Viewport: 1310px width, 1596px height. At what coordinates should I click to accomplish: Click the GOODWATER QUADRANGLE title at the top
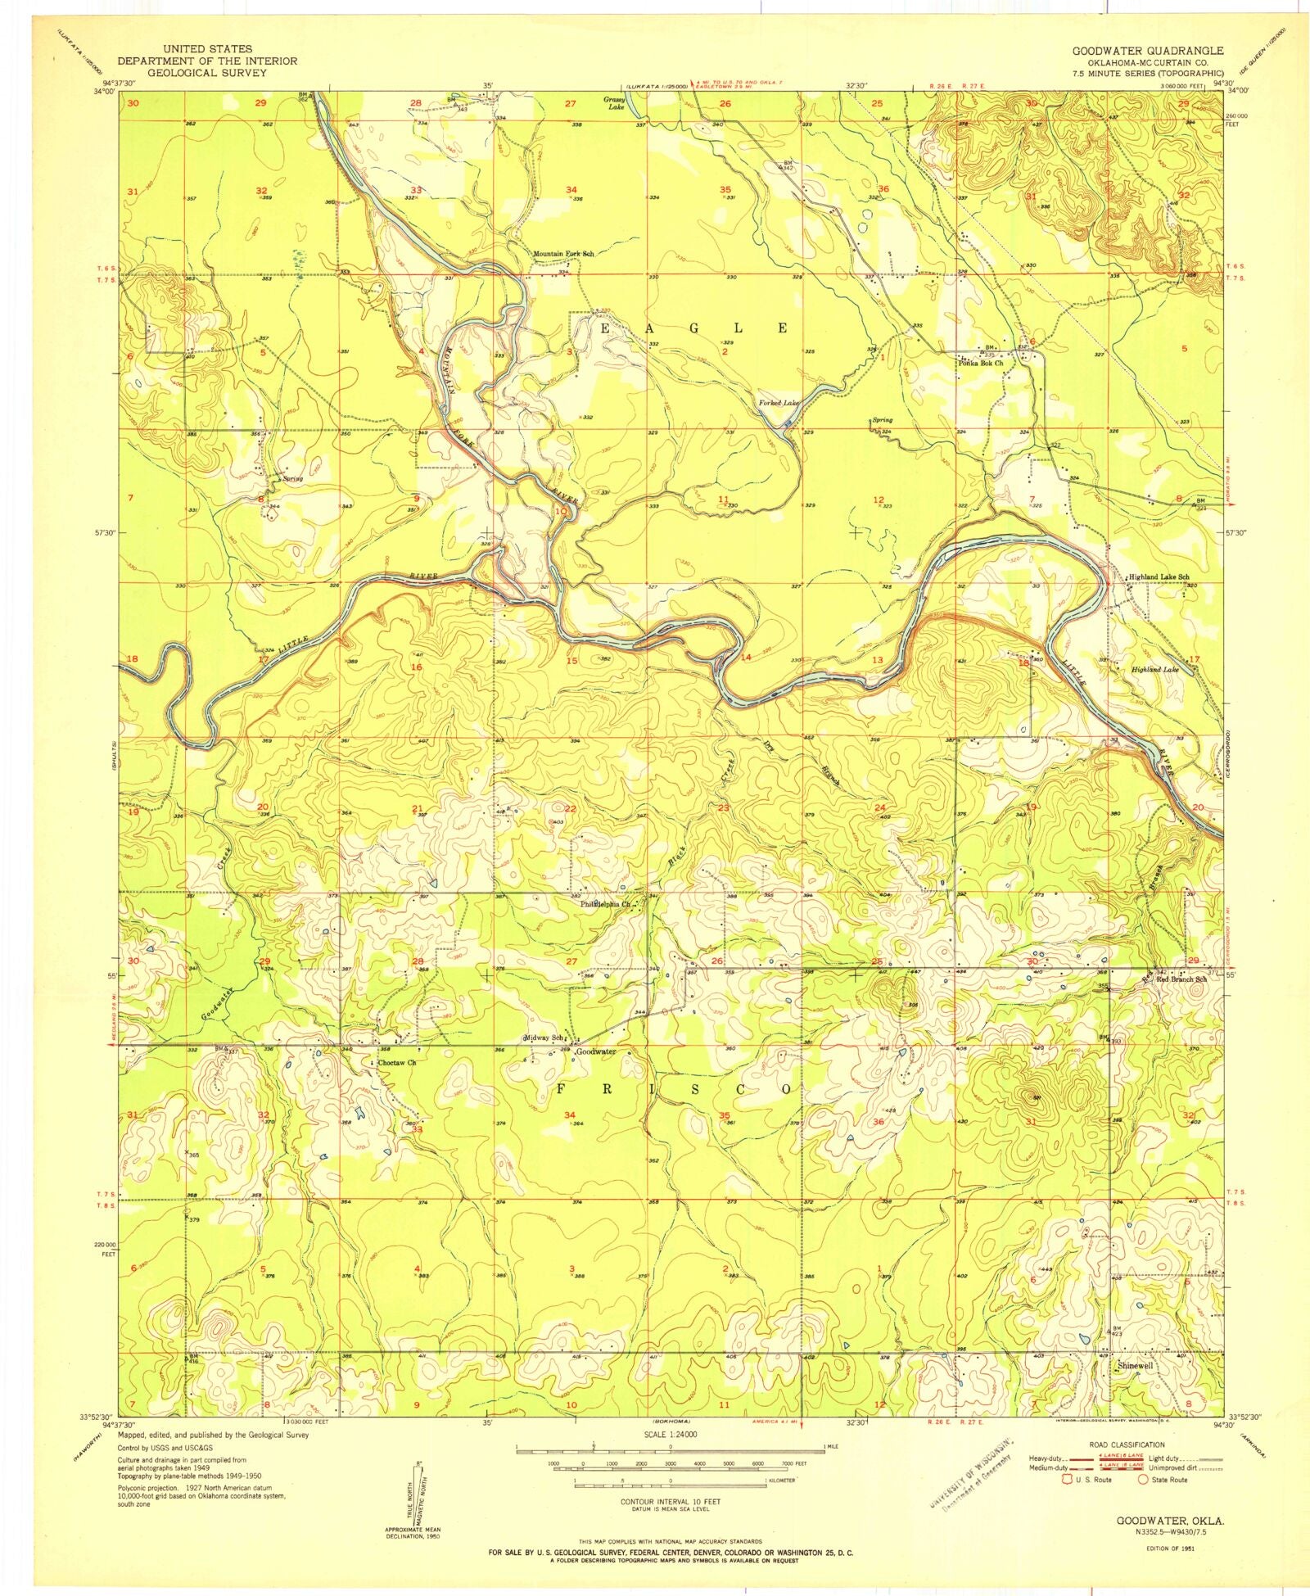1148,51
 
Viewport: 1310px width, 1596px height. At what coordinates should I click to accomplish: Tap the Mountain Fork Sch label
562,254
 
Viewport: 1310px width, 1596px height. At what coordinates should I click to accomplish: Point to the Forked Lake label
777,403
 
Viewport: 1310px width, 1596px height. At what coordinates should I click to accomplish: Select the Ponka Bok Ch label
980,363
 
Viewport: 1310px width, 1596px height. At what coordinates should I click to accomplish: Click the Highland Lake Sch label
1159,577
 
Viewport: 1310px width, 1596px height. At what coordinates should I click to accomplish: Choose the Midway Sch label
545,1038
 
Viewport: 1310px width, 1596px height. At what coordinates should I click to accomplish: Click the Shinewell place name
1135,1366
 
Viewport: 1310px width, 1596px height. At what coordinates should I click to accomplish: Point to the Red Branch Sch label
1181,979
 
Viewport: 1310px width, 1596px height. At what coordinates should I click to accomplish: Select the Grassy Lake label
615,102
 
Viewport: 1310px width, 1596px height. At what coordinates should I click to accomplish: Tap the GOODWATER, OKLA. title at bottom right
1170,1520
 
